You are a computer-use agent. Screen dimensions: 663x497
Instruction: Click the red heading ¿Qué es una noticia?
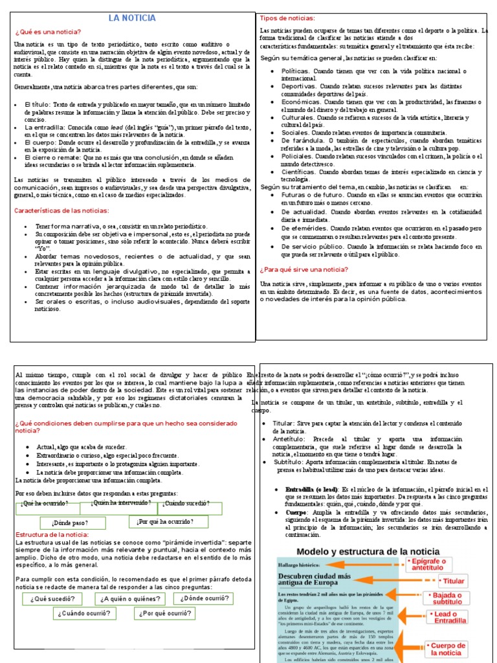click(48, 32)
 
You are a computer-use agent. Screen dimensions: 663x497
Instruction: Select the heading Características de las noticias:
click(62, 210)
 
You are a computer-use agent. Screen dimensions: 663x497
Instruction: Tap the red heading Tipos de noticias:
click(287, 18)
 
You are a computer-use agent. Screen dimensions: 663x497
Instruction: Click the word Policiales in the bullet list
click(297, 156)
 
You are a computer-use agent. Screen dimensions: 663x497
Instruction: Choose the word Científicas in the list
click(300, 173)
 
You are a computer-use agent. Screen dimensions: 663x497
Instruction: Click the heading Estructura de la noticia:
click(52, 534)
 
